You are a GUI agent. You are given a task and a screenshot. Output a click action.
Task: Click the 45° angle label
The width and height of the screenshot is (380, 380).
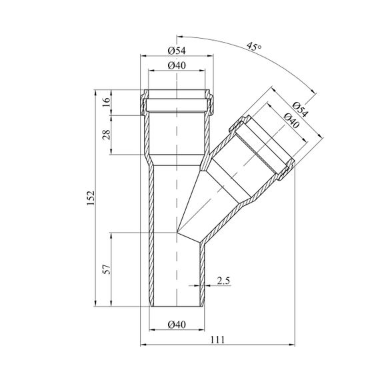click(254, 46)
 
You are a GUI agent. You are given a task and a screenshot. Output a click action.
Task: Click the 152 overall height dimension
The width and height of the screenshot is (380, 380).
click(91, 198)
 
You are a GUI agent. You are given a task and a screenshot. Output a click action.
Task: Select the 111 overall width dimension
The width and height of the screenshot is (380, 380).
click(217, 340)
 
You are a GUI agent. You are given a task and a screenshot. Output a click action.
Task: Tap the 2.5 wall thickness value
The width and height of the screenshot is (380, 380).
click(223, 281)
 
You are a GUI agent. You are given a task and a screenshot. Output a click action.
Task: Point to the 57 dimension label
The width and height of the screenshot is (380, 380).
click(107, 269)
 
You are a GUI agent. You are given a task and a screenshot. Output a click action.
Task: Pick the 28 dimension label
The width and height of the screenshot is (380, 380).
click(107, 135)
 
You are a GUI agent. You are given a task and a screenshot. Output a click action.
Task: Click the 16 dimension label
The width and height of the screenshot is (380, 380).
click(107, 102)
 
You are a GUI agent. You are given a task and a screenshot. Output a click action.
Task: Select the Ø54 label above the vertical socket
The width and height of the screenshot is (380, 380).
click(177, 51)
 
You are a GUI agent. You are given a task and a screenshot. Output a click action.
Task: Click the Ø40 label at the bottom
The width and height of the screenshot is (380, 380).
click(177, 325)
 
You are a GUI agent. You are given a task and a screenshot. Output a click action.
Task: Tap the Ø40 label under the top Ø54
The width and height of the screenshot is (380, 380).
click(177, 65)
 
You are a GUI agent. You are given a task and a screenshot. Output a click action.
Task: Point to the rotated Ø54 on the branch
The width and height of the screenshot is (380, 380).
click(300, 109)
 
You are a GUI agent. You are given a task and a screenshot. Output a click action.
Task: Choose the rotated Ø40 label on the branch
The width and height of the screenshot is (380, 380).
click(291, 121)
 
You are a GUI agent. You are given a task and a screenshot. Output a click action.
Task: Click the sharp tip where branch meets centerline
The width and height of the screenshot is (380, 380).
click(177, 232)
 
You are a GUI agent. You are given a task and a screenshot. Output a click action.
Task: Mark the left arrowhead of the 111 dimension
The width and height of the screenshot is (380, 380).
click(143, 345)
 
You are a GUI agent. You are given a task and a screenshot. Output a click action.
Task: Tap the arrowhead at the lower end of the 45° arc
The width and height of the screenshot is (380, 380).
click(314, 91)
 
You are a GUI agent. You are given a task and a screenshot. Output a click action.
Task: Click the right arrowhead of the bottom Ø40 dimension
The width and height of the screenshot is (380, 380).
click(202, 329)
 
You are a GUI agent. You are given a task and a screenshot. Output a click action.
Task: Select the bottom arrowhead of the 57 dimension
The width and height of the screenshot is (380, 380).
click(111, 303)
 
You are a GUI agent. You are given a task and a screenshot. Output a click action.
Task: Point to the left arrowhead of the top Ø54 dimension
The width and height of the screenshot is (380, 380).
click(143, 56)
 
